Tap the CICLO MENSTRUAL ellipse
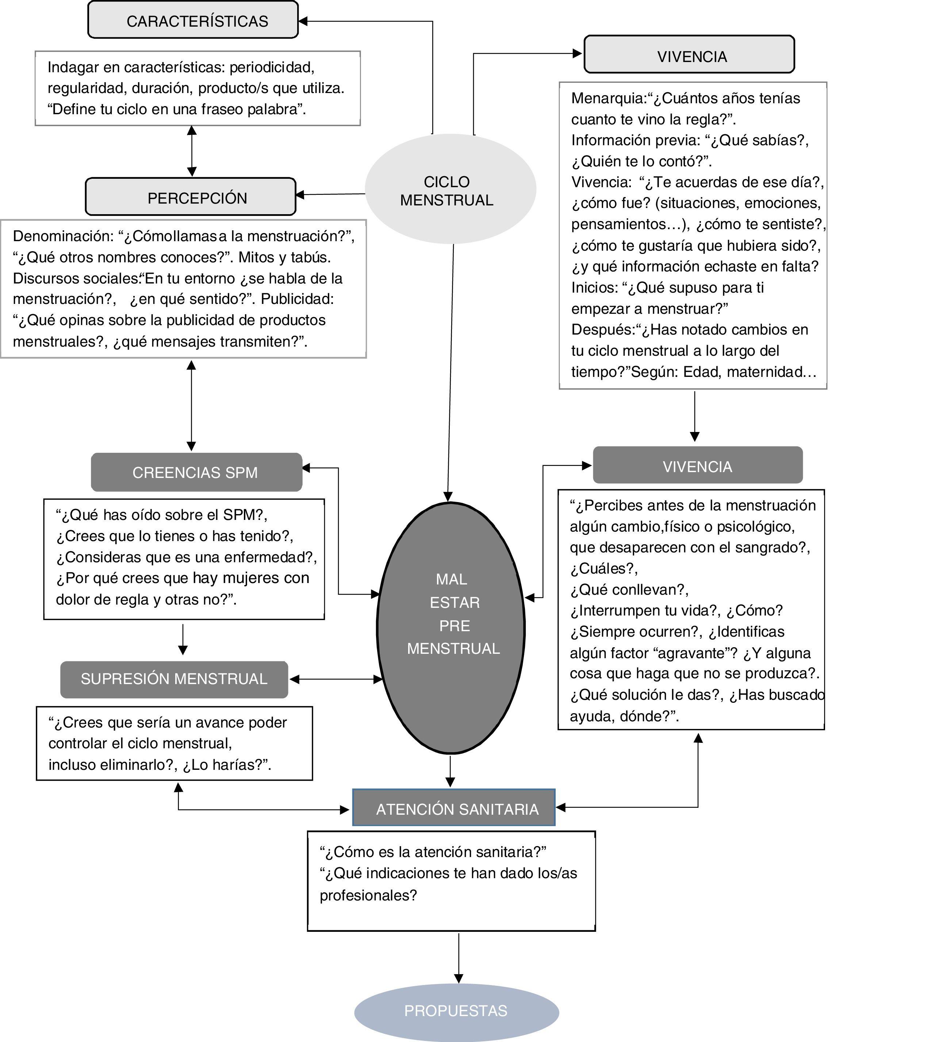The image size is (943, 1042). coord(450,189)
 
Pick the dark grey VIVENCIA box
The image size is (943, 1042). coord(697,466)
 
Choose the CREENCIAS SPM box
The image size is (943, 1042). coord(196,472)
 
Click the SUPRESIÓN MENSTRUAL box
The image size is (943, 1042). coord(174,679)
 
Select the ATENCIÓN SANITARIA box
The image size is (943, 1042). coord(454,808)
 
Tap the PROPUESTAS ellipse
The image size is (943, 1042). coord(456,1011)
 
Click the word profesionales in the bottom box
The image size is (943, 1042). coord(368,895)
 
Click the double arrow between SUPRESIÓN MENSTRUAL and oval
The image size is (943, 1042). coord(336,679)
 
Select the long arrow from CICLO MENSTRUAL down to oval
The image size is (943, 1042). coord(451,372)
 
